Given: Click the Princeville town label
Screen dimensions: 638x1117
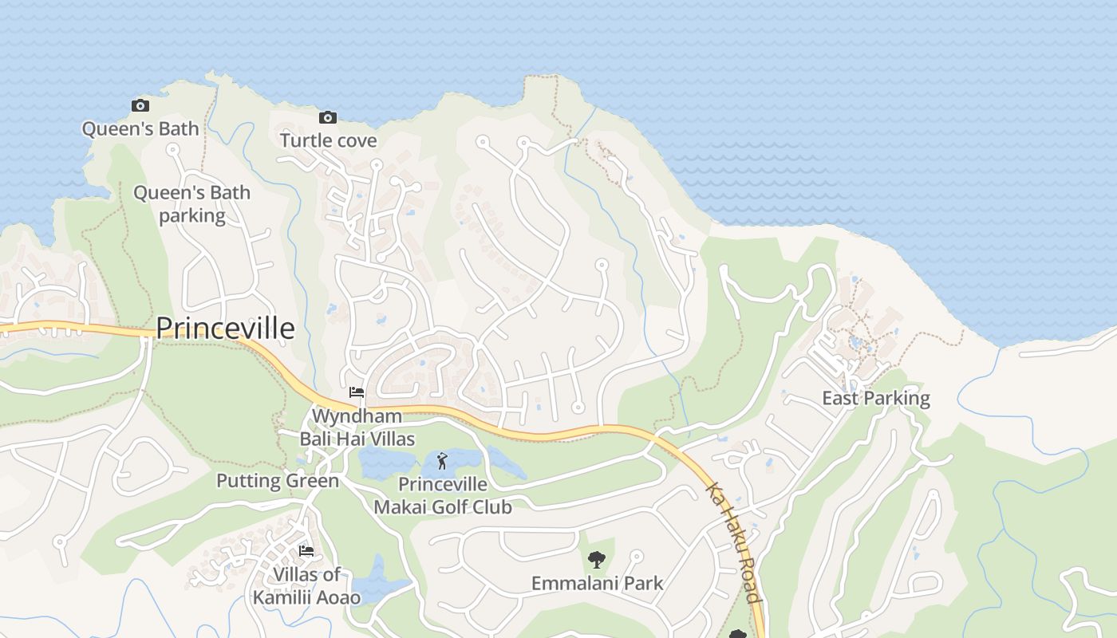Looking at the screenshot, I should tap(225, 329).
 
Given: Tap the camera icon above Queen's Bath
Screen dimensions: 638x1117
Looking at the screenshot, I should tap(140, 105).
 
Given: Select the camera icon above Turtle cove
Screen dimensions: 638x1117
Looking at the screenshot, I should tap(327, 118).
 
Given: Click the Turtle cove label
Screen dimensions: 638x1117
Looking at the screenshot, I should tap(328, 141).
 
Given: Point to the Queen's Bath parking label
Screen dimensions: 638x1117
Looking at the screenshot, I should tap(191, 204).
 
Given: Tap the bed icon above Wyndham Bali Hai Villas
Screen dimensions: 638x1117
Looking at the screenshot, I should tap(357, 392).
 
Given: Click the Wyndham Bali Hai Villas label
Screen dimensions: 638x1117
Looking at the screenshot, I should tap(357, 427).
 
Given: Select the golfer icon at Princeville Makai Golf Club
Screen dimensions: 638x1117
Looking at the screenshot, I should tap(442, 460).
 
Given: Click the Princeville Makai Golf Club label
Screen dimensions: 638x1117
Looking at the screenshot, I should tap(443, 495).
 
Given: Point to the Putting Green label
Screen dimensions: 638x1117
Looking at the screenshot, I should tap(278, 481).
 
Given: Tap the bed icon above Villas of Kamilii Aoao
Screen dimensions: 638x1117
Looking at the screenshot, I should tap(306, 551).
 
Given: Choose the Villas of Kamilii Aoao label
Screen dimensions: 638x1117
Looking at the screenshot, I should tap(306, 585).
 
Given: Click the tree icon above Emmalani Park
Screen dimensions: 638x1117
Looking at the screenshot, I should tap(596, 560).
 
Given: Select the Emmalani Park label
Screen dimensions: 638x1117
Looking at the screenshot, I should tap(597, 584).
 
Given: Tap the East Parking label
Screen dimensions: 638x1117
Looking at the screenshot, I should tap(876, 398).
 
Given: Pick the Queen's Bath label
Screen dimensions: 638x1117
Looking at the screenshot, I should tap(140, 129).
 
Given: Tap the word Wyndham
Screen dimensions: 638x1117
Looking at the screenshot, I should tap(357, 416).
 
